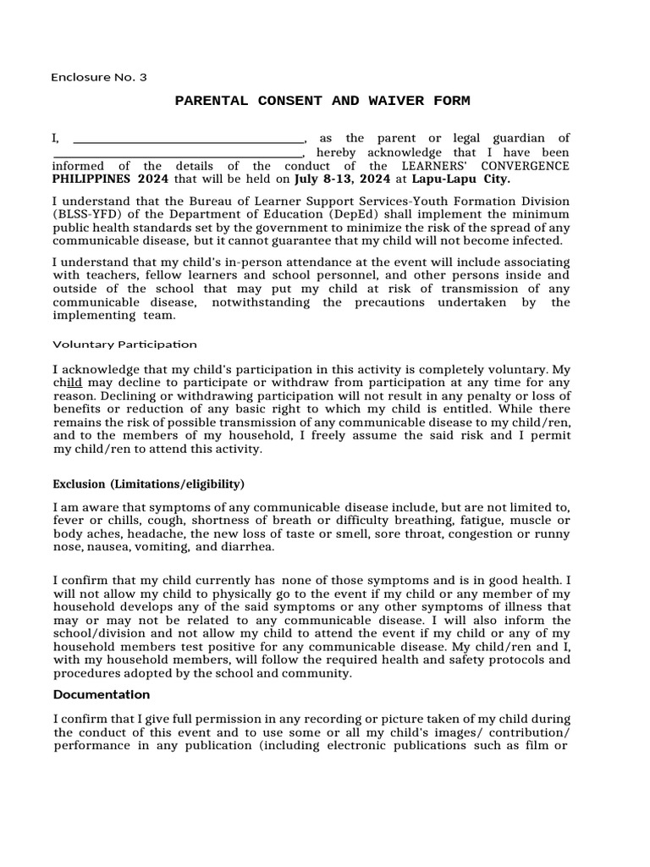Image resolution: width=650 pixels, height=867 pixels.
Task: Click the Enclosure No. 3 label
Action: [99, 77]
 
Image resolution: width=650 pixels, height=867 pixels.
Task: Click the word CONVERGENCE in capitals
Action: [521, 167]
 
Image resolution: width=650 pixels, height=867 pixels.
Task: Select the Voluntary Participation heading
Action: [124, 345]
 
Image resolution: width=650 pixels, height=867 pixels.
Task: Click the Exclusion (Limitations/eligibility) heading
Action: [148, 484]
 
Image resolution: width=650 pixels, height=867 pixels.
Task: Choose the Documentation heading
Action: [102, 695]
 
